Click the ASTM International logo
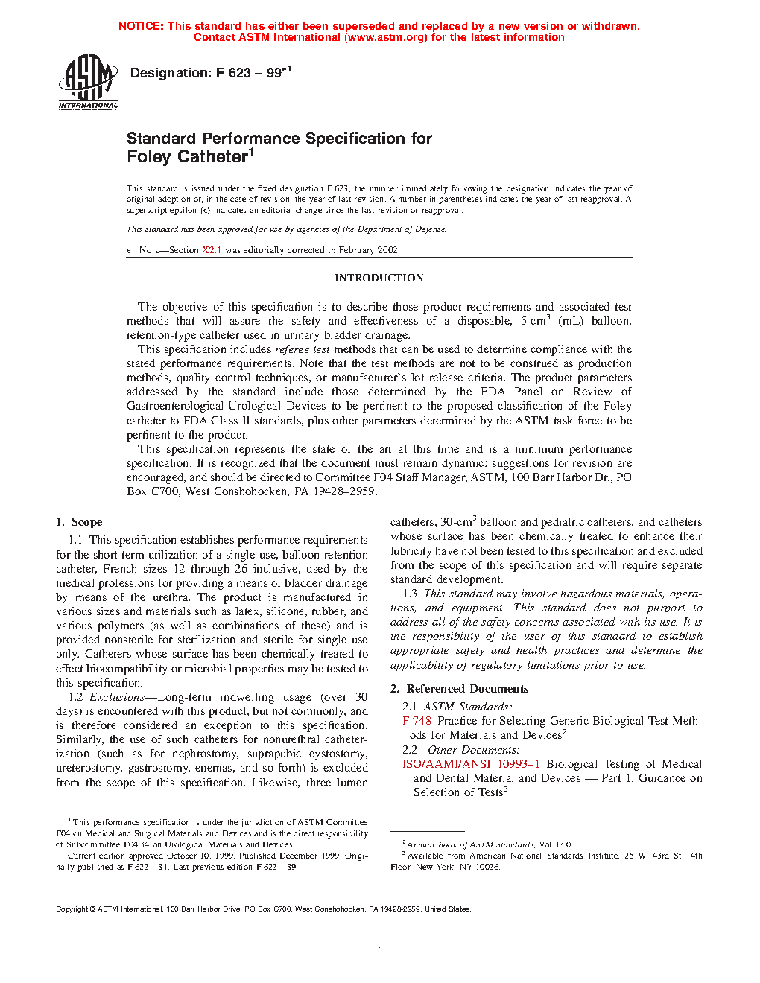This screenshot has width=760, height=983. click(x=88, y=82)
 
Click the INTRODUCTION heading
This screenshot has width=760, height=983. click(x=379, y=278)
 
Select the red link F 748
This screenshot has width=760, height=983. click(x=417, y=721)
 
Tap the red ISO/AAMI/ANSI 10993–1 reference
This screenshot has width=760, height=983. click(x=471, y=764)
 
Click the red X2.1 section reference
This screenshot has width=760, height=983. click(x=212, y=250)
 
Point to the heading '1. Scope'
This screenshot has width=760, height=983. click(x=79, y=522)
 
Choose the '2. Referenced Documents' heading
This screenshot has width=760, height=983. click(x=459, y=689)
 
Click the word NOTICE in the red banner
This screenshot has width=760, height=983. click(x=141, y=26)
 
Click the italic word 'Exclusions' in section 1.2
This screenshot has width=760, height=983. click(x=117, y=697)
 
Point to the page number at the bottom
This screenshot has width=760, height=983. click(x=379, y=945)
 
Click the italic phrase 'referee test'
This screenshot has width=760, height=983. click(x=303, y=349)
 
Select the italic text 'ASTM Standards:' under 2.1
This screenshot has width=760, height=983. click(x=468, y=707)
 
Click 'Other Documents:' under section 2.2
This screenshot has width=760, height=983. click(x=474, y=750)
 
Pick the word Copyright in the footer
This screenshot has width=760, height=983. click(x=72, y=909)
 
